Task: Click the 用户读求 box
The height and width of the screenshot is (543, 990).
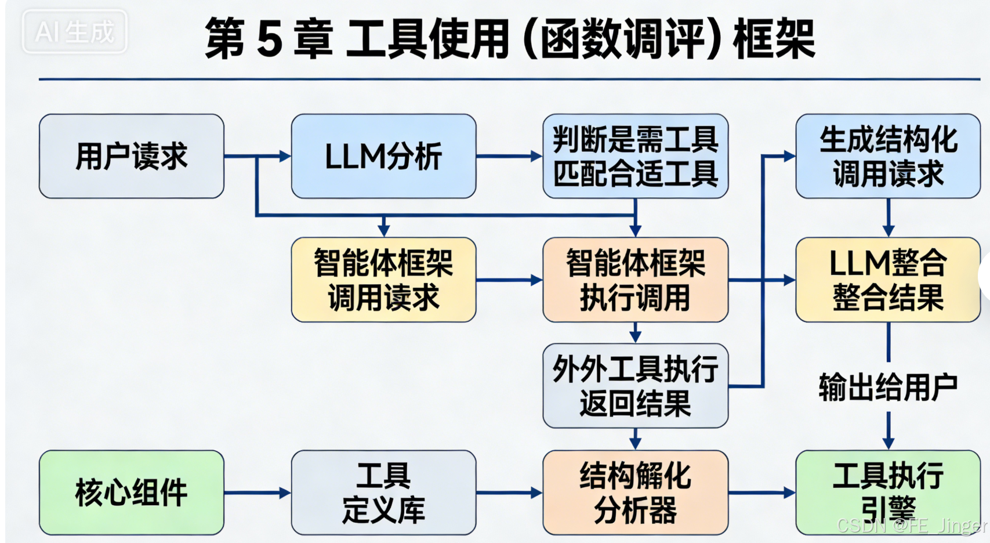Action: click(x=132, y=156)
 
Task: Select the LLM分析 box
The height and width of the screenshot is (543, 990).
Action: click(x=383, y=156)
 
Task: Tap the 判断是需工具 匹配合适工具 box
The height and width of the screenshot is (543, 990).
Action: click(x=635, y=156)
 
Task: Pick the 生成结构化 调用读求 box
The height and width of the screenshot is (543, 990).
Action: click(x=888, y=156)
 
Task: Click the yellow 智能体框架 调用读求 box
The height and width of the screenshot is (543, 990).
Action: click(x=383, y=280)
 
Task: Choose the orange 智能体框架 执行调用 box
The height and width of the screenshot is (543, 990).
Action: click(x=635, y=280)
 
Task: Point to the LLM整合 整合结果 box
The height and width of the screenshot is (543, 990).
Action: click(x=888, y=280)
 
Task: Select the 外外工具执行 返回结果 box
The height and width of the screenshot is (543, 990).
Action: click(x=635, y=386)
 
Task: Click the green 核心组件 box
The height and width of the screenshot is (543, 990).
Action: click(x=132, y=493)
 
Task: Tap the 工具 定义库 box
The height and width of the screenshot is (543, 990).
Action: click(x=383, y=493)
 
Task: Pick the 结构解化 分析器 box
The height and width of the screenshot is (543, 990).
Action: click(x=635, y=493)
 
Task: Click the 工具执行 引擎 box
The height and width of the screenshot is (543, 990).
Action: click(x=888, y=493)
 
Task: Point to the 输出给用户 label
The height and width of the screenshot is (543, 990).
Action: click(x=888, y=388)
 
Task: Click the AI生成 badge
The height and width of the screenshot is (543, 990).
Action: click(x=74, y=31)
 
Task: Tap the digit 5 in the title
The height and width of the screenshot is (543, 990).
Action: click(x=269, y=39)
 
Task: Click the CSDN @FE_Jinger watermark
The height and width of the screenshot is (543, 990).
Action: click(x=911, y=526)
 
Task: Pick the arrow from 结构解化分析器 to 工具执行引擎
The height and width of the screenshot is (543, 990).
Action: click(x=761, y=493)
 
